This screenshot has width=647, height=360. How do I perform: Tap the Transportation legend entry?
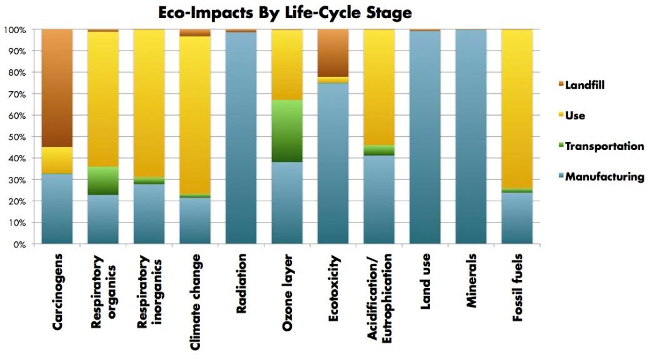click(604, 146)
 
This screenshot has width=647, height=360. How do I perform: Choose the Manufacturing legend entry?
click(604, 177)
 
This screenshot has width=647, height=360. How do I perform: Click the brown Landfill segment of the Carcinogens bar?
click(57, 87)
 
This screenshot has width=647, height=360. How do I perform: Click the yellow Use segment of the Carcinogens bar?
click(57, 160)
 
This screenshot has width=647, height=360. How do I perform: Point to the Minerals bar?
click(470, 137)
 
